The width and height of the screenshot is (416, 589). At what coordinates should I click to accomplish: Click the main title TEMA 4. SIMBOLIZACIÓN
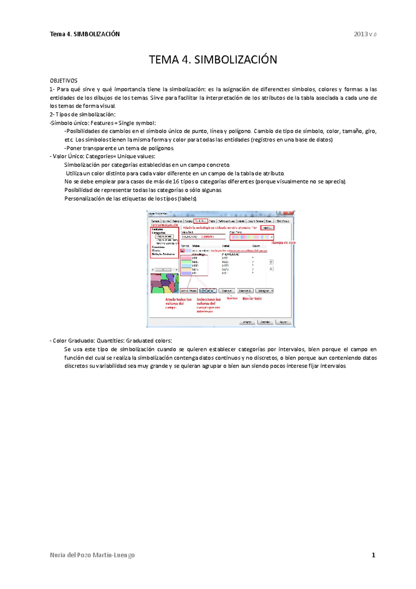click(x=213, y=60)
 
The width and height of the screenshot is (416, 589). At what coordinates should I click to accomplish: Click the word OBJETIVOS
click(x=63, y=81)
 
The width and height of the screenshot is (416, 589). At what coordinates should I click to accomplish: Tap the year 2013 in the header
click(x=361, y=34)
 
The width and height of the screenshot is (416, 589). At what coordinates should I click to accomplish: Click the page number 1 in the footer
click(x=373, y=555)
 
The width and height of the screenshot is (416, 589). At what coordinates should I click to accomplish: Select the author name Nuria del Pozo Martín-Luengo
click(x=92, y=555)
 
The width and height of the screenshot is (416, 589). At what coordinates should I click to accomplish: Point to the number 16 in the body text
click(x=175, y=181)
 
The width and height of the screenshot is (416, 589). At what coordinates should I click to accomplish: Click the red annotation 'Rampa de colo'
click(x=284, y=243)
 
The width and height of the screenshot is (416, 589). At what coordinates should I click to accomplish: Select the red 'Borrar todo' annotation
click(x=252, y=299)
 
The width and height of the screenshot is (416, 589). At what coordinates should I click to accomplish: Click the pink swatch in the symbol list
click(x=186, y=258)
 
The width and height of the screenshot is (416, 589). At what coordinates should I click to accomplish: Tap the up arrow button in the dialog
click(x=271, y=262)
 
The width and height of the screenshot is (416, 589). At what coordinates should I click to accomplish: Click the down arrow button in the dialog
click(x=271, y=269)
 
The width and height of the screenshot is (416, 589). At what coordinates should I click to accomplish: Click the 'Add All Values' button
click(x=189, y=291)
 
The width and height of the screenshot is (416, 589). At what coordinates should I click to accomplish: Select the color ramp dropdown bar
click(x=251, y=237)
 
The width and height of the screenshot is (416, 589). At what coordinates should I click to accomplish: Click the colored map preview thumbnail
click(x=165, y=283)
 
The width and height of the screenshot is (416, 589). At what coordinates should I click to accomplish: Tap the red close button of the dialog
click(x=289, y=213)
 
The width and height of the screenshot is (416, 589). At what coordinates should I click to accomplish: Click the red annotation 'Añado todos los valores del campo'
click(x=178, y=304)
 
